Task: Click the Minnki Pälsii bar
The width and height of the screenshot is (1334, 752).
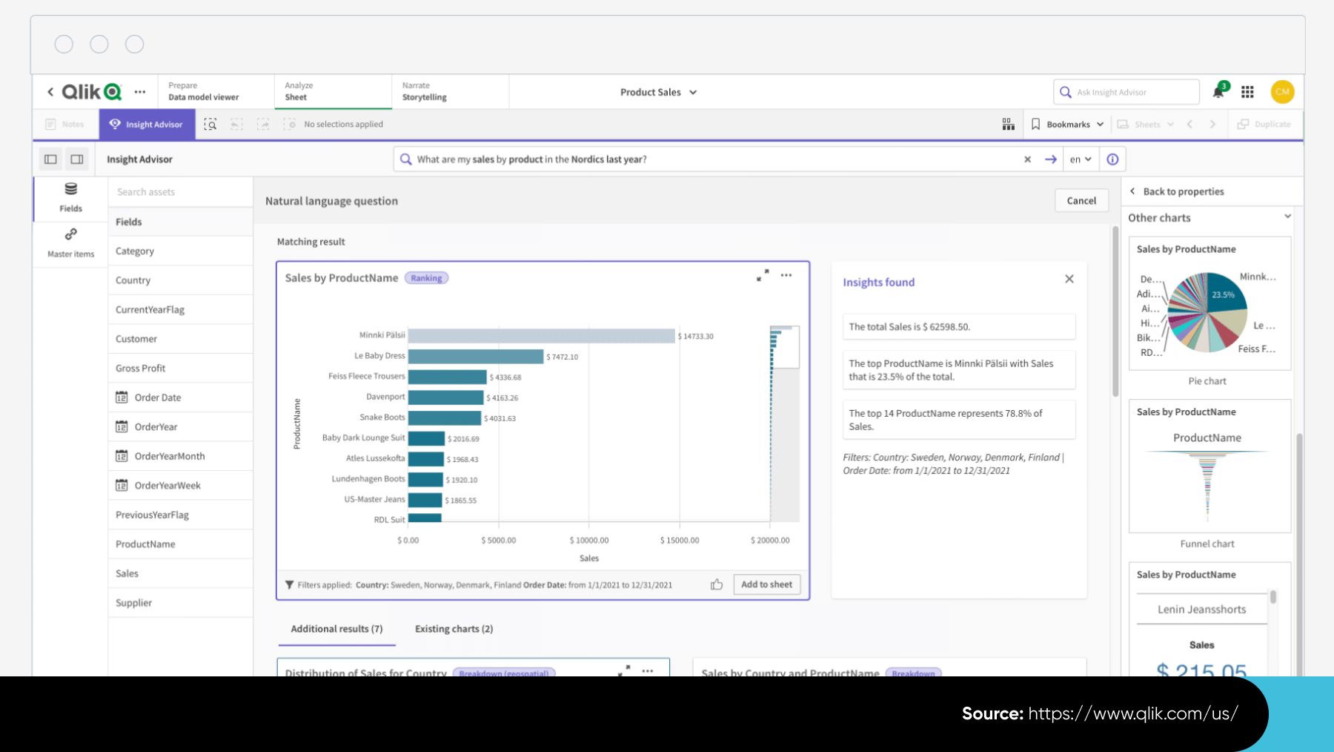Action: (x=541, y=336)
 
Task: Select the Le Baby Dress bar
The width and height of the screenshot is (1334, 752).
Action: (x=475, y=357)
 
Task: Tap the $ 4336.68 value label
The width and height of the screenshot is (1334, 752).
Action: (x=505, y=377)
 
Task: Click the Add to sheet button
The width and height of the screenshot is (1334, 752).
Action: (x=766, y=584)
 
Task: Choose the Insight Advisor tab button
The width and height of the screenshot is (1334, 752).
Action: (x=147, y=125)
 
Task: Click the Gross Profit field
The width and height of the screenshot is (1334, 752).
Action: (x=141, y=369)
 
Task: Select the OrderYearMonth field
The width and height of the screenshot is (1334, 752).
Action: (x=170, y=456)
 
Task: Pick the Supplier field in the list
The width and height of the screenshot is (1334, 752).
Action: (x=134, y=603)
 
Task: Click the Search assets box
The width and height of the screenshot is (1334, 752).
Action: (x=180, y=192)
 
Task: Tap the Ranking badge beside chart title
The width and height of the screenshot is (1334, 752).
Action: (x=426, y=278)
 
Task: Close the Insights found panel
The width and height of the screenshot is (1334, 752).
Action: (x=1069, y=279)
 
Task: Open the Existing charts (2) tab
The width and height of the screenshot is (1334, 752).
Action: (x=454, y=629)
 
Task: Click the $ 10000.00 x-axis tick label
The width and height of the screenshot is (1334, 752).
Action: (x=589, y=540)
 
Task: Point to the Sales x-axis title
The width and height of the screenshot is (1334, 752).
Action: (x=589, y=558)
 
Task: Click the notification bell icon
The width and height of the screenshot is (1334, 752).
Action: (x=1218, y=92)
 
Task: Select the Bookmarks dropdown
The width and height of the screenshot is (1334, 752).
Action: (x=1067, y=125)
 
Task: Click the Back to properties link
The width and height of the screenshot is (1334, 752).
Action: (x=1183, y=191)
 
